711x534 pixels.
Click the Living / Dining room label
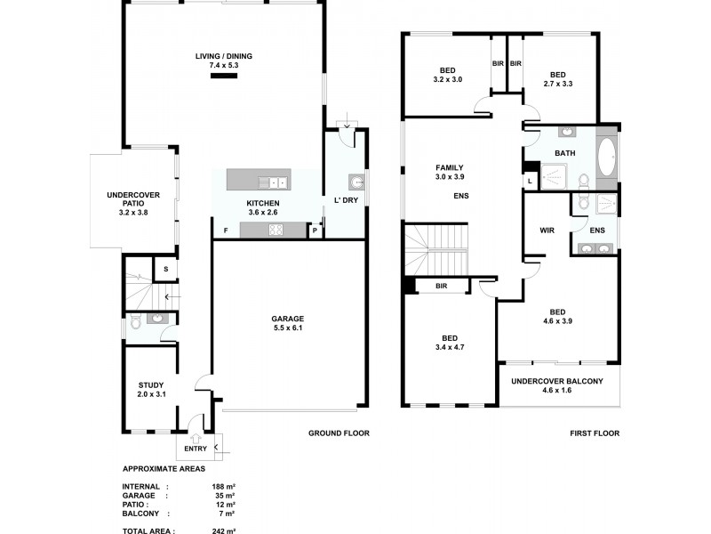[x=224, y=61]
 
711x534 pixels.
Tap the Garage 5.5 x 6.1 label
[x=288, y=323]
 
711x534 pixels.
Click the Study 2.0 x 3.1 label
[x=150, y=389]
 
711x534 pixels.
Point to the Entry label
[x=196, y=448]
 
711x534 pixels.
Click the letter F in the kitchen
[x=226, y=231]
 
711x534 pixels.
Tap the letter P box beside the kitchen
[x=315, y=231]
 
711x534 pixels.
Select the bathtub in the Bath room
[x=606, y=157]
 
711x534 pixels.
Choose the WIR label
[x=547, y=230]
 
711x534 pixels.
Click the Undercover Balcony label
[x=556, y=385]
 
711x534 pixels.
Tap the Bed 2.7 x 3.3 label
[x=557, y=79]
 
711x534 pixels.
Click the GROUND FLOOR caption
[x=339, y=433]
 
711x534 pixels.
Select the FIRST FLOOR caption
[x=595, y=433]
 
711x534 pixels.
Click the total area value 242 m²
[x=223, y=530]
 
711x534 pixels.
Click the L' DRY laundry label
[x=345, y=199]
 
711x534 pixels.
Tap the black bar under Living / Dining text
[x=224, y=77]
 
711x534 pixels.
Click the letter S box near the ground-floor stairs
[x=165, y=268]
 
